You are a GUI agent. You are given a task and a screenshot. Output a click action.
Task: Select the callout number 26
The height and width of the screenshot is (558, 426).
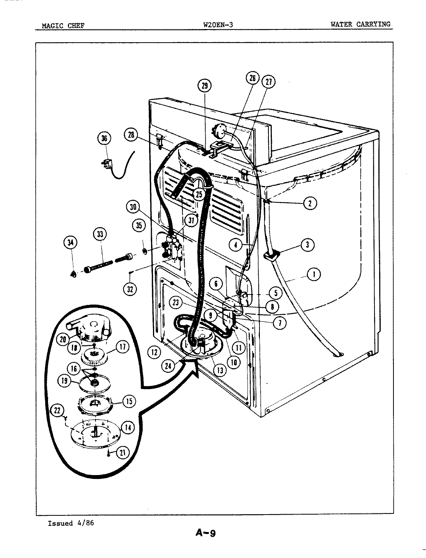[252, 78]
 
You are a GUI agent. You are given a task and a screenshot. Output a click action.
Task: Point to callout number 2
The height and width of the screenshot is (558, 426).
[310, 203]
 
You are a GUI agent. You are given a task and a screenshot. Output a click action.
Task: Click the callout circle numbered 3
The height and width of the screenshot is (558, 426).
[307, 245]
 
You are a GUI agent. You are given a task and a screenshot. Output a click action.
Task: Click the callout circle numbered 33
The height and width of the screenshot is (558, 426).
[100, 234]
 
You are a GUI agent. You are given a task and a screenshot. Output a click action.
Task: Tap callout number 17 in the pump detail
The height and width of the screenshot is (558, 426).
[122, 347]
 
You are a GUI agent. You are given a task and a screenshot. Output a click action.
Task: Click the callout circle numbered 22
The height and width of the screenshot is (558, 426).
[58, 410]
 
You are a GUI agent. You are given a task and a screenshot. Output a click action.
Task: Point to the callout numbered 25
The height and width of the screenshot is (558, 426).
[199, 195]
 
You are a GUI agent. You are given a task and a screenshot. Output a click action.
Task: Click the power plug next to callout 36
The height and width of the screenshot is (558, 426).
[106, 164]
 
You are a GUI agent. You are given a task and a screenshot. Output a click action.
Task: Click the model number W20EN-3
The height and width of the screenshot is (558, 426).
[218, 25]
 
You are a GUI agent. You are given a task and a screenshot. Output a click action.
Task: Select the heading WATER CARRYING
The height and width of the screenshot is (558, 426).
[360, 24]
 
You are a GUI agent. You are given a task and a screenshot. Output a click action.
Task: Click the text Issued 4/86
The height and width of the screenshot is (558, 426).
[70, 523]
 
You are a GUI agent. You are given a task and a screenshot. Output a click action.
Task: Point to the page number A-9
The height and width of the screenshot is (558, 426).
[205, 533]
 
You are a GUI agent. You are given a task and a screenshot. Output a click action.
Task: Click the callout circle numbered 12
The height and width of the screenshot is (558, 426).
[154, 352]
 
